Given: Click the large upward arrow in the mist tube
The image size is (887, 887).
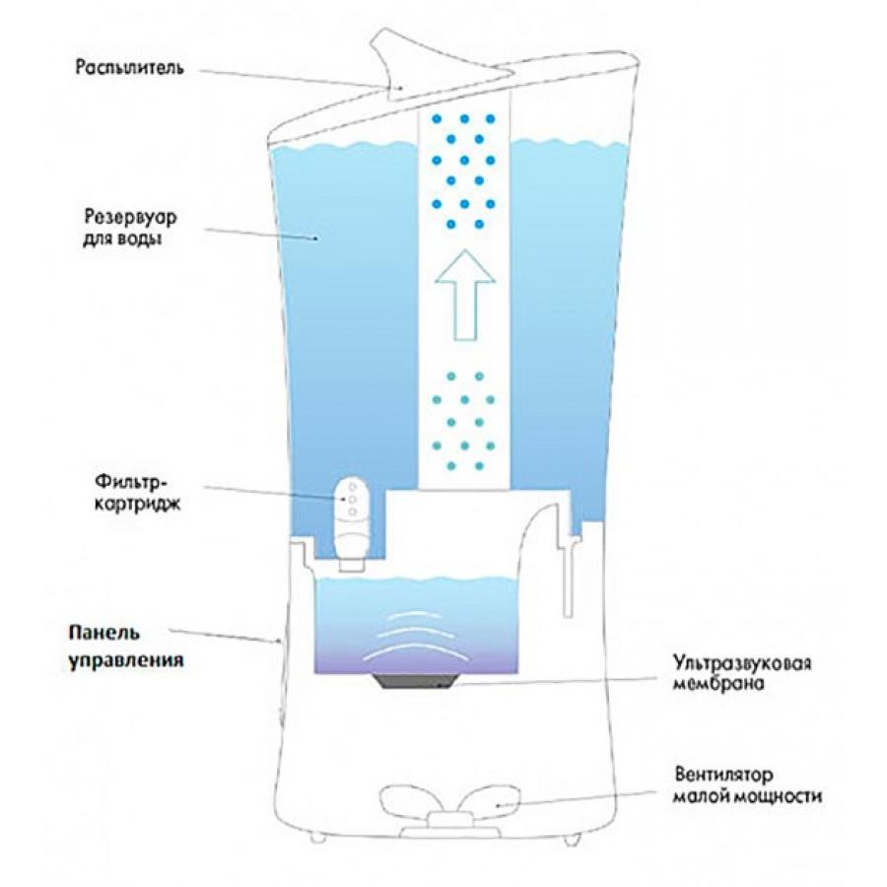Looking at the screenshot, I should pyautogui.click(x=465, y=294).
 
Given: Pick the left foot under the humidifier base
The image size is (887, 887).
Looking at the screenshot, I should pyautogui.click(x=317, y=837).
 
